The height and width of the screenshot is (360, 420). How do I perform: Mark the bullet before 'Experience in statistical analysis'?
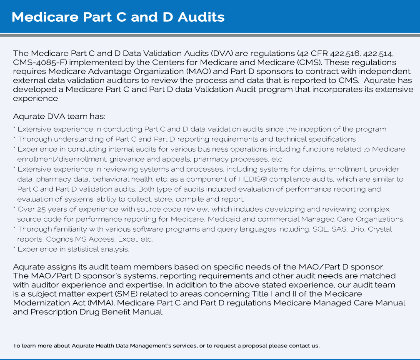coord(15,248)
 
